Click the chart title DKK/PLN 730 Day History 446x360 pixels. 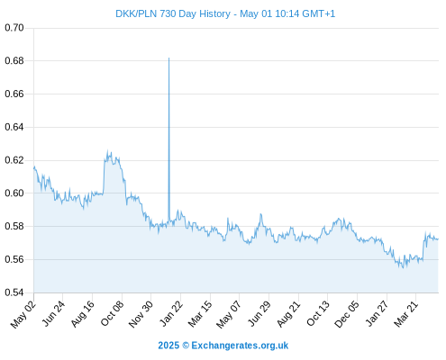click(x=173, y=13)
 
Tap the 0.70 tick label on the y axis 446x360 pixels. click(x=14, y=28)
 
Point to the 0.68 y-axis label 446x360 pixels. click(x=14, y=61)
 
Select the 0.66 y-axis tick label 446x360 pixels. click(x=14, y=94)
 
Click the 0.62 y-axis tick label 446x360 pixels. click(x=14, y=160)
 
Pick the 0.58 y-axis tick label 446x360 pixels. click(x=14, y=226)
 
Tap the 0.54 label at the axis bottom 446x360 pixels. click(x=14, y=292)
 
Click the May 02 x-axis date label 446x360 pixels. click(x=23, y=314)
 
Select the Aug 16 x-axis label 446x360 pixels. click(x=83, y=314)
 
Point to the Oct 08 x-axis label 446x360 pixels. click(x=112, y=314)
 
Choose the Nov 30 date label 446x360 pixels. click(x=141, y=314)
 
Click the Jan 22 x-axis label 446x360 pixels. click(x=171, y=314)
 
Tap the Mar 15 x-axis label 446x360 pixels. click(x=200, y=314)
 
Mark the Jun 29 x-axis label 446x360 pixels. click(x=259, y=314)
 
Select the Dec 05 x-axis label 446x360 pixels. click(x=347, y=314)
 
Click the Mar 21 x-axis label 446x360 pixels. click(x=406, y=314)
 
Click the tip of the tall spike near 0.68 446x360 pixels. click(x=168, y=58)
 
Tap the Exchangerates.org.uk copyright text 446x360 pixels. click(x=240, y=346)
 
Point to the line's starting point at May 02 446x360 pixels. click(x=34, y=168)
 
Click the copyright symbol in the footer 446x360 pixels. click(x=186, y=346)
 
